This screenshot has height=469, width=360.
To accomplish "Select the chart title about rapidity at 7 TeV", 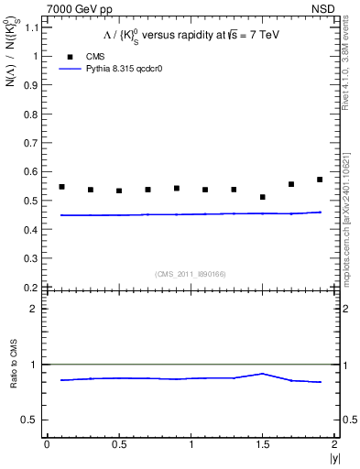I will [190, 37].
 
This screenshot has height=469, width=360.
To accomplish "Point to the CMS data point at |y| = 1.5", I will [262, 197].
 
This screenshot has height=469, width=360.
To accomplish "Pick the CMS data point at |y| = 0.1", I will [61, 187].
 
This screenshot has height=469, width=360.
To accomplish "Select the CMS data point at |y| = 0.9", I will [177, 189].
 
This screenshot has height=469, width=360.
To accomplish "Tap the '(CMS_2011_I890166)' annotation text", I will [191, 273].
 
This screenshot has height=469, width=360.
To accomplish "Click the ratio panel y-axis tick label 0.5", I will [29, 420].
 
